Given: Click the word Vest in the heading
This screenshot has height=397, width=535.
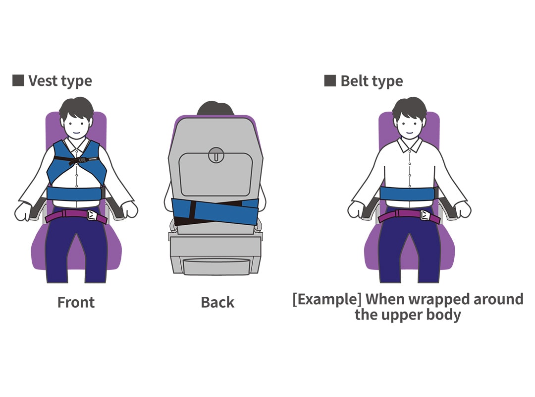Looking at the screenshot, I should (42, 81).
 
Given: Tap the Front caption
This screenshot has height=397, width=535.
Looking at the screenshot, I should (76, 302).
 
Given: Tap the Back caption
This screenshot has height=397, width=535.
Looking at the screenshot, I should (217, 302).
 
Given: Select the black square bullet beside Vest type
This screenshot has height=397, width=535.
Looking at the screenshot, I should (18, 80).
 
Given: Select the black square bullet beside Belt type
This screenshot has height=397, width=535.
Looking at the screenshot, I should (330, 80).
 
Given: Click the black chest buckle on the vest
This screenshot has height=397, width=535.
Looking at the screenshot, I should (78, 160).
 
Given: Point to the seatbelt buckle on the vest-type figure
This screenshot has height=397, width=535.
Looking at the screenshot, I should (92, 215).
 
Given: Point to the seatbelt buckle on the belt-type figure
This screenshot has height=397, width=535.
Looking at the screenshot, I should (425, 215).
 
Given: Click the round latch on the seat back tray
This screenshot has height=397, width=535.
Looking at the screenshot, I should (215, 154).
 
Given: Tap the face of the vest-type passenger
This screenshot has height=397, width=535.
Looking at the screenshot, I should (76, 124).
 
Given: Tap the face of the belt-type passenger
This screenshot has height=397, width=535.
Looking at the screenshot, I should (409, 124).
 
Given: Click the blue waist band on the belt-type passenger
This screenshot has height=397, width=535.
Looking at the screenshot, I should (409, 194).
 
